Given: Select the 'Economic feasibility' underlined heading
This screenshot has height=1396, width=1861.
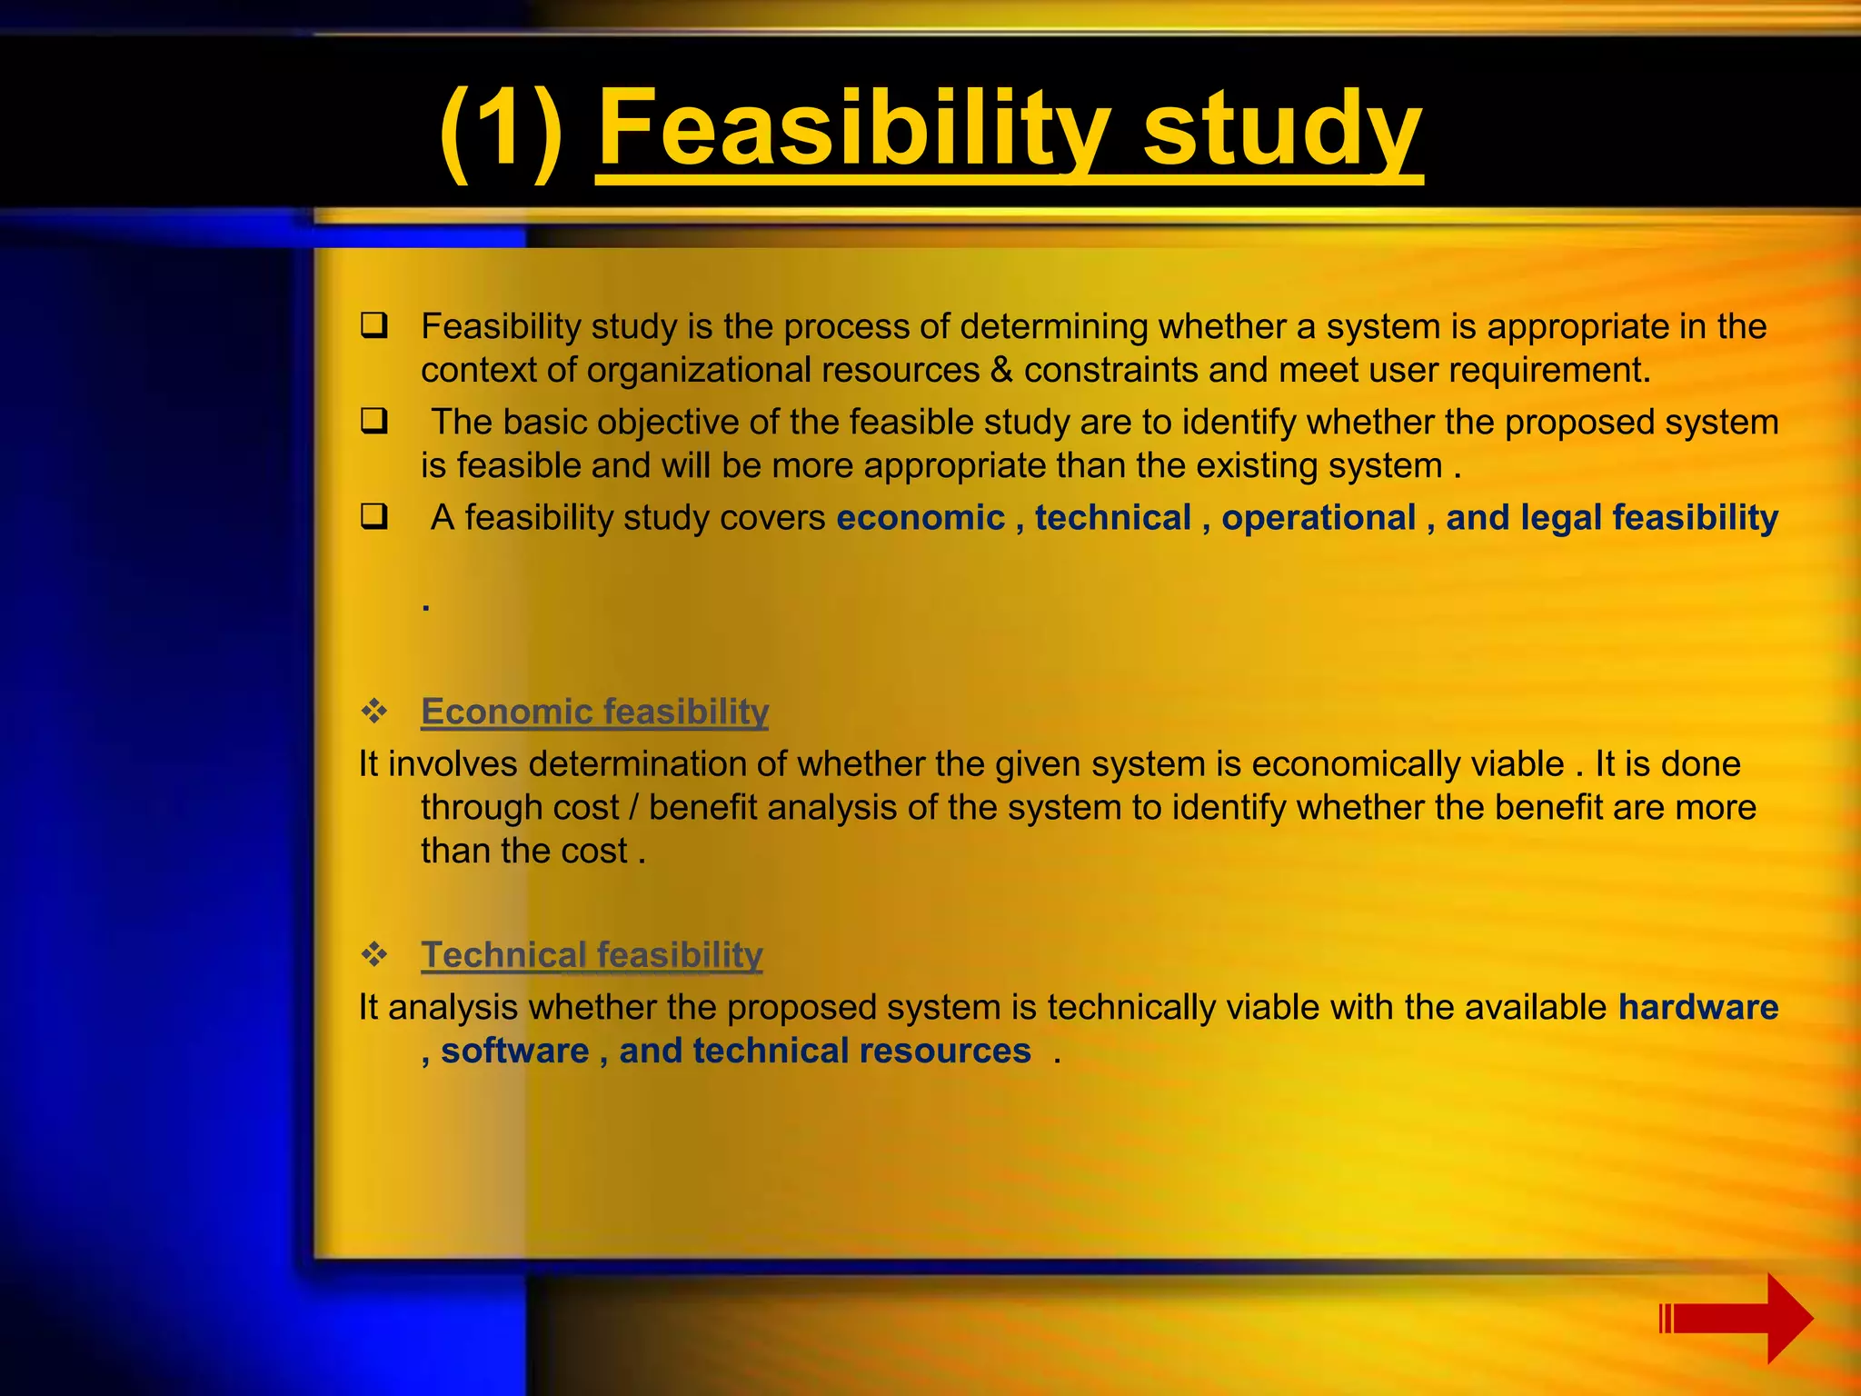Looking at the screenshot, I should (594, 711).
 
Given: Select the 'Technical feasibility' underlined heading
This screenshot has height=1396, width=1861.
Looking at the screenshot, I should (592, 954).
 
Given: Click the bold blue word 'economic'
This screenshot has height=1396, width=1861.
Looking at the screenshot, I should (920, 517).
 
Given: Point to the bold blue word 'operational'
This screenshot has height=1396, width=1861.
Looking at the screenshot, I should (1318, 517).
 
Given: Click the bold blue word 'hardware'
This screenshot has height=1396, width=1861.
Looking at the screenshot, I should (1697, 1007).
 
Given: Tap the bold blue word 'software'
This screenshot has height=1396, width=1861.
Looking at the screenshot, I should (514, 1051).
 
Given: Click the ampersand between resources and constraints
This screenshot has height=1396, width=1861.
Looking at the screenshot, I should (1001, 370).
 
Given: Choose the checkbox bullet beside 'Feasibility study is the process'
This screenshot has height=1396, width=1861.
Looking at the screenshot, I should (373, 325).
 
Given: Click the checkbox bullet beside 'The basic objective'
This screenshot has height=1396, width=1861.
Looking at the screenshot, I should (373, 421).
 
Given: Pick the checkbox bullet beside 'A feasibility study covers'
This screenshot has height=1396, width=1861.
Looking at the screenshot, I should (373, 516).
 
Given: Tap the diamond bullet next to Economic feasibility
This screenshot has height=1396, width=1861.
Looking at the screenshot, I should (373, 711).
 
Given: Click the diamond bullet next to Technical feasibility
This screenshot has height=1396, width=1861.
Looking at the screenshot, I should (373, 954).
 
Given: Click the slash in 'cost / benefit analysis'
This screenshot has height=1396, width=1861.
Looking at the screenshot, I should (633, 807).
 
